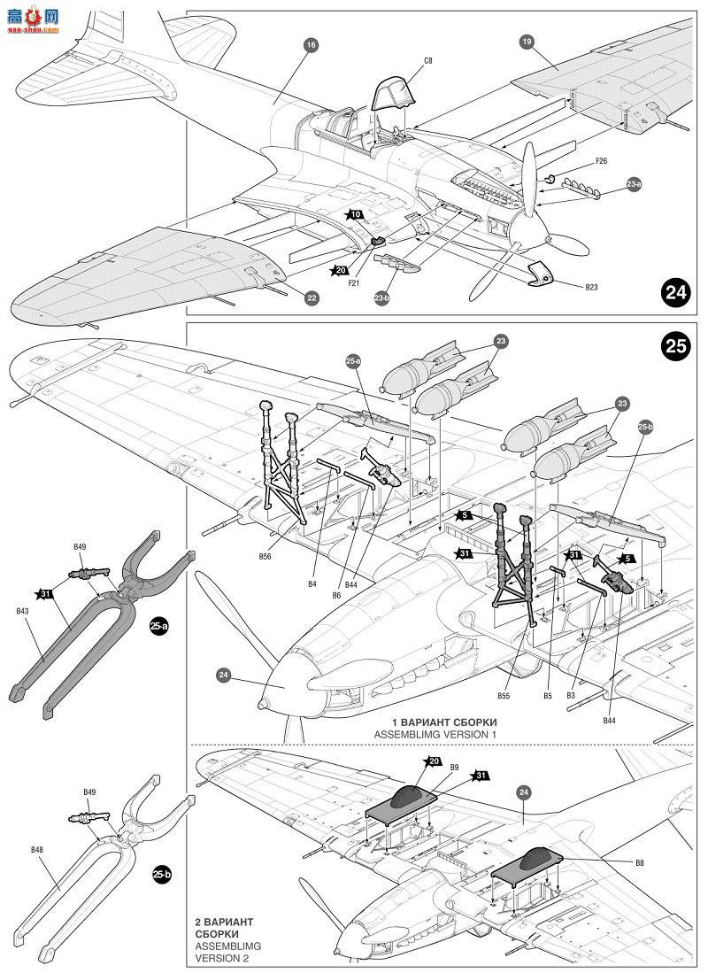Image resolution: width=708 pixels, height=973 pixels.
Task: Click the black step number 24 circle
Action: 676,293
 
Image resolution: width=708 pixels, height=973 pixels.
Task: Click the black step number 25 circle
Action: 676,346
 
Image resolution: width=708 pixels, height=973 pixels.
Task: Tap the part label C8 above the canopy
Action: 427,60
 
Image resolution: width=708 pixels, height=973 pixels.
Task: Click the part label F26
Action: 601,162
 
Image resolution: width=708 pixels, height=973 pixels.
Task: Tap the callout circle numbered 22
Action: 312,298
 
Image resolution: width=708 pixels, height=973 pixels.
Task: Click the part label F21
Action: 353,282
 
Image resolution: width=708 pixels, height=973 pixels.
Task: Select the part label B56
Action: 265,556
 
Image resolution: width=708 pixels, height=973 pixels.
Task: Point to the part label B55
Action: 503,696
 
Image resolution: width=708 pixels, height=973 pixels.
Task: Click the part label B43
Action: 23,610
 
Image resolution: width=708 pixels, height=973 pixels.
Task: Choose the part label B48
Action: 36,850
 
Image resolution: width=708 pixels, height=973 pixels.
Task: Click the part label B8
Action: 639,861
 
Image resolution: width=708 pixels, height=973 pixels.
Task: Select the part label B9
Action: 454,767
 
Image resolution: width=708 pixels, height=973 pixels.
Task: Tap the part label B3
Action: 572,696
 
